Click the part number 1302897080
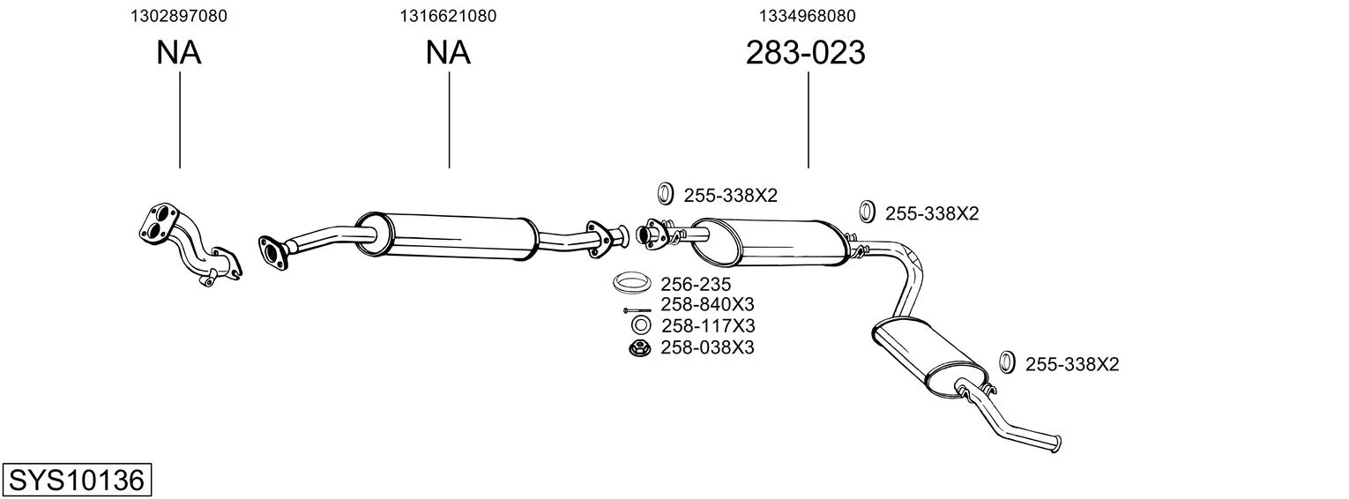click(179, 16)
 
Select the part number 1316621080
click(448, 16)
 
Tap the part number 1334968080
click(807, 16)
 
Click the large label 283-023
click(806, 53)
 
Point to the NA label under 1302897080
click(179, 53)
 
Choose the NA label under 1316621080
click(448, 53)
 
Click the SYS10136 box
click(77, 480)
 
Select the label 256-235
click(696, 284)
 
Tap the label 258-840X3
click(708, 304)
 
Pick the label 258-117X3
click(708, 325)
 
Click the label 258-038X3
click(708, 347)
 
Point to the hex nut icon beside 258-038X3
click(639, 348)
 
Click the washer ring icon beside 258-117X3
click(641, 325)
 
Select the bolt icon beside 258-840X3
click(637, 310)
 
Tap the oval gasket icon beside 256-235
click(632, 282)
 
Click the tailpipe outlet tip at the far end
click(1056, 443)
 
